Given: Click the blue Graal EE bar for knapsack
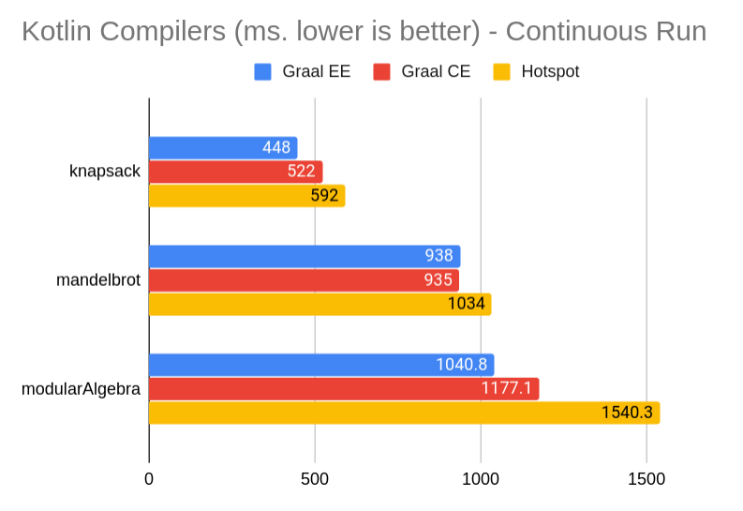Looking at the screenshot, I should pyautogui.click(x=223, y=148).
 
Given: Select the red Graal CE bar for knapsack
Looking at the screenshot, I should pyautogui.click(x=235, y=172).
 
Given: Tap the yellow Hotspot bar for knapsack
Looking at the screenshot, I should pyautogui.click(x=246, y=196).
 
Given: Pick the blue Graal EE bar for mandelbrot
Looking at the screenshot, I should pyautogui.click(x=305, y=256).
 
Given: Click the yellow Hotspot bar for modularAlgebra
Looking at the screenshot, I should pyautogui.click(x=404, y=413).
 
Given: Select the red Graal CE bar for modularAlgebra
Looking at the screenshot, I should pyautogui.click(x=344, y=388).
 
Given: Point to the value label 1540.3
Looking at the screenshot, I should pyautogui.click(x=627, y=413).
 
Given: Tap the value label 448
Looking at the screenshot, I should pyautogui.click(x=276, y=148).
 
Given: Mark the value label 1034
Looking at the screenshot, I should pyautogui.click(x=466, y=305).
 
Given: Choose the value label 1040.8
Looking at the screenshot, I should pyautogui.click(x=461, y=365).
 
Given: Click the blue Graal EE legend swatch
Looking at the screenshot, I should pyautogui.click(x=263, y=71).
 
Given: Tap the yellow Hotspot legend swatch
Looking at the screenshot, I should pyautogui.click(x=502, y=71).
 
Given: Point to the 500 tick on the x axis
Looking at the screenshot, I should pyautogui.click(x=315, y=479).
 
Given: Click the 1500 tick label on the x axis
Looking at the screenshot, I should pyautogui.click(x=646, y=479).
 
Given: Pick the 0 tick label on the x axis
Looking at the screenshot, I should pyautogui.click(x=149, y=479).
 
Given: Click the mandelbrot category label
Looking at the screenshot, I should pyautogui.click(x=98, y=280).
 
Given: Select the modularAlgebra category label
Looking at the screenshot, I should pyautogui.click(x=82, y=388).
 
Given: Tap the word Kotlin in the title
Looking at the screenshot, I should pyautogui.click(x=56, y=32).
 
